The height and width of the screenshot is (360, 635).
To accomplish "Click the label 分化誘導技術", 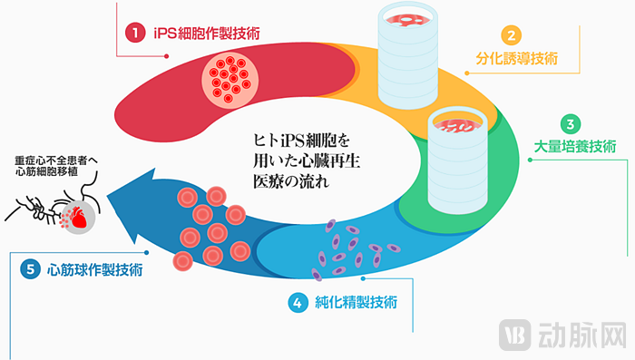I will point(516,59).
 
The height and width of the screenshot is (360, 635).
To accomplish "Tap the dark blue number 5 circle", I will point(31,269).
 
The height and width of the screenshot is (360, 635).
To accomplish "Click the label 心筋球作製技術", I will point(94,269).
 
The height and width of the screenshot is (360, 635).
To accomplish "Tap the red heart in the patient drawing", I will point(77,218).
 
